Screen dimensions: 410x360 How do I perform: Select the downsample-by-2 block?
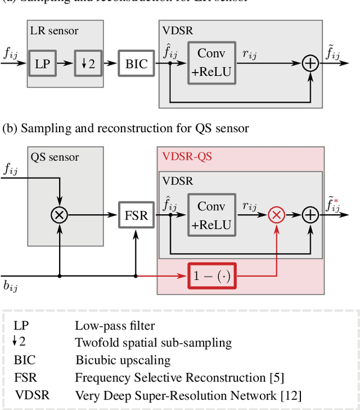pos(86,63)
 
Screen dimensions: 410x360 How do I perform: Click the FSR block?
pos(135,215)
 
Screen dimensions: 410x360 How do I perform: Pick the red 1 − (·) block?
pos(212,276)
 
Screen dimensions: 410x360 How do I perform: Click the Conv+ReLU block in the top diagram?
pos(211,62)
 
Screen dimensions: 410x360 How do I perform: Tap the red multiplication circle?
pos(276,215)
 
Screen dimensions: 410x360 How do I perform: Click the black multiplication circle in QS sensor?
pos(59,215)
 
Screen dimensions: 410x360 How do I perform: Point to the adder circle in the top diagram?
pos(310,63)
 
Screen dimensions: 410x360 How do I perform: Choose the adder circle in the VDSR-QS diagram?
pos(310,215)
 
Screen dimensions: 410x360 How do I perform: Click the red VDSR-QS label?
pos(187,157)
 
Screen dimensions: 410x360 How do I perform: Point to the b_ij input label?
pos(11,287)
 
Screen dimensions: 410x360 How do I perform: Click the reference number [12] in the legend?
pos(291,395)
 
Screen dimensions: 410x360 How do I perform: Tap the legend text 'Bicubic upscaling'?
pos(123,360)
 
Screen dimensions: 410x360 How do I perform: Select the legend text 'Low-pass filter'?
pos(115,325)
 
